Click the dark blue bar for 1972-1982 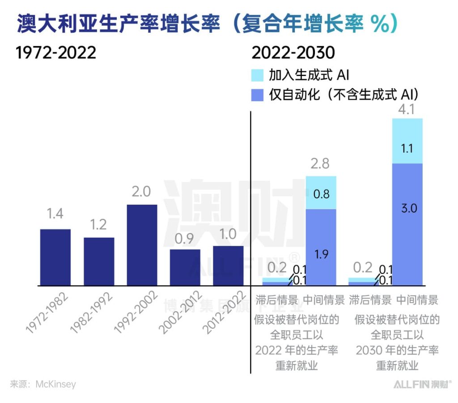click(55, 257)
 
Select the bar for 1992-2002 click(142, 245)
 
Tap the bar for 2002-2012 click(185, 267)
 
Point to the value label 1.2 click(99, 224)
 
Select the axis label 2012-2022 click(224, 313)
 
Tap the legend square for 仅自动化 click(258, 94)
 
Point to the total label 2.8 click(320, 164)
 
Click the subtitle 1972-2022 click(56, 53)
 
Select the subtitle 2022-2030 click(293, 53)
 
